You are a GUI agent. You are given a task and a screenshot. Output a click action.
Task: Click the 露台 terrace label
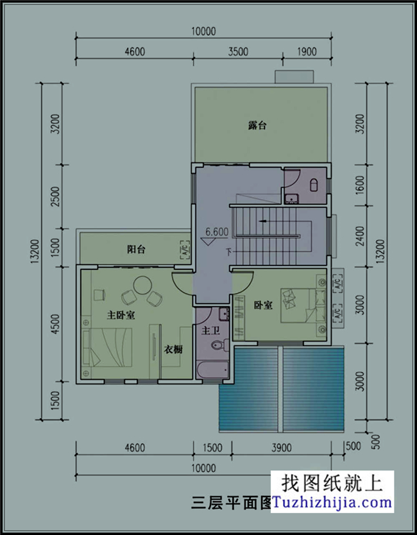coord(257,126)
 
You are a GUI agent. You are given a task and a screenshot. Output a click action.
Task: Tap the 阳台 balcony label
coord(135,249)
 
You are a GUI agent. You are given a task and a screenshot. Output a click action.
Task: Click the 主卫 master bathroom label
coord(210,331)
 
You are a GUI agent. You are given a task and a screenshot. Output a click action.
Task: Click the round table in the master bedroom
coord(142,284)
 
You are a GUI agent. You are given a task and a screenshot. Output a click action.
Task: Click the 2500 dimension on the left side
coord(56,196)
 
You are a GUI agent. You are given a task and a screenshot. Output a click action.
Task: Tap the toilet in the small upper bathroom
coord(314,185)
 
